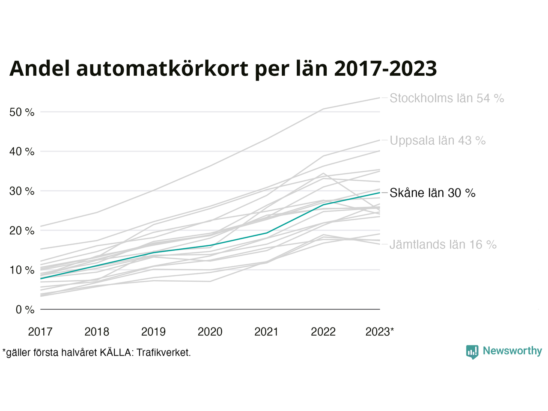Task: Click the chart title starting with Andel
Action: pos(223,68)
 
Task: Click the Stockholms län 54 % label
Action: pos(447,98)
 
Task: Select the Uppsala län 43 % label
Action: pos(438,141)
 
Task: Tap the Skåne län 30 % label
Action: pos(432,193)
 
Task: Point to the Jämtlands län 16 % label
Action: pos(443,245)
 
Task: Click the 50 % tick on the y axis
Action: pos(22,113)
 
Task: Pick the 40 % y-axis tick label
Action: pos(22,152)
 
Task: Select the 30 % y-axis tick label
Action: pos(22,191)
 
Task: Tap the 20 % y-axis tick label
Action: pos(22,231)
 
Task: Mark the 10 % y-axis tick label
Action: pos(22,270)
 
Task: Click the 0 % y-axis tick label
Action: pos(25,310)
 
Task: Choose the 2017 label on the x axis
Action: pos(40,332)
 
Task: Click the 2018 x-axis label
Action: pos(97,332)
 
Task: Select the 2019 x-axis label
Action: pos(153,332)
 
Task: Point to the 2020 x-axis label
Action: pos(210,332)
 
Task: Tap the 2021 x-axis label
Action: pos(266,332)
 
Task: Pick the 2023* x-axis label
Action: pos(380,332)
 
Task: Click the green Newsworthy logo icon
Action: pos(472,352)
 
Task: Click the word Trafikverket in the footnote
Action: pos(163,353)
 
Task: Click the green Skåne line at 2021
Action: pos(267,233)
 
